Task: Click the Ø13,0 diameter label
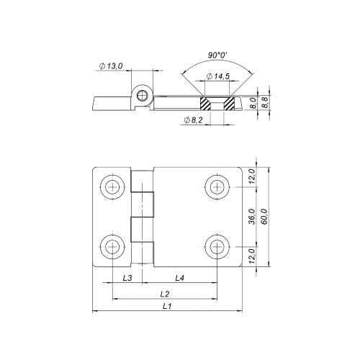[x=111, y=66]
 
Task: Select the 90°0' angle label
[x=217, y=55]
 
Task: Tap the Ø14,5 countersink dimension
[x=218, y=76]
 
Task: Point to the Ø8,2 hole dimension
[x=193, y=120]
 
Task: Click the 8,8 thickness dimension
[x=264, y=103]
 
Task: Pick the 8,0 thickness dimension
[x=253, y=103]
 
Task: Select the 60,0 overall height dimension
[x=264, y=217]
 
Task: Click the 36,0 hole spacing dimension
[x=251, y=217]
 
